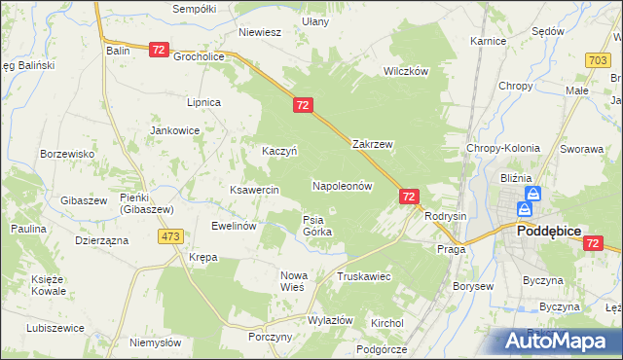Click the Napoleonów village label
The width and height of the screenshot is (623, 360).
(x=342, y=185)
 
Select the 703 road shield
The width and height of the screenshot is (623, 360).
(x=599, y=60)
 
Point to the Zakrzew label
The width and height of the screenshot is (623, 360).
(x=372, y=144)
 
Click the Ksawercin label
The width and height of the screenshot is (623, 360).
(x=254, y=190)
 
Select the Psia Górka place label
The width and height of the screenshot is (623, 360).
(x=317, y=226)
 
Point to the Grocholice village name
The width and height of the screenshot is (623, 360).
(x=200, y=56)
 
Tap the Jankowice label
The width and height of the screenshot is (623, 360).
(x=174, y=129)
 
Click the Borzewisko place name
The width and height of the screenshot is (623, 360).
(x=66, y=154)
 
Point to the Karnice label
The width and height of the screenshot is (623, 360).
(x=488, y=42)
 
